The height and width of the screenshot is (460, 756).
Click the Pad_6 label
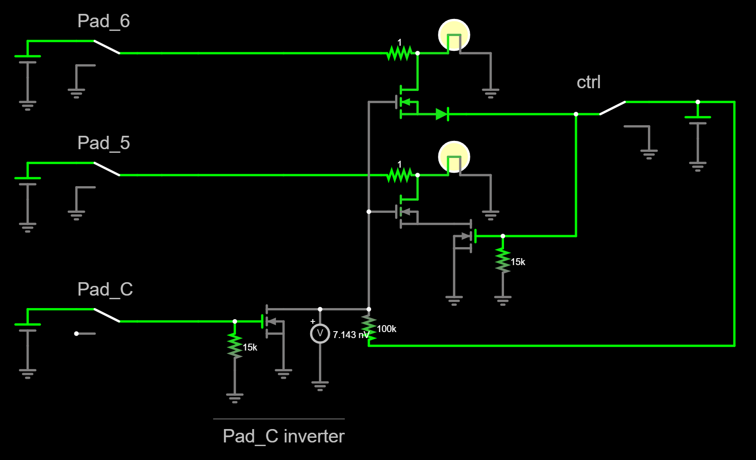[103, 21]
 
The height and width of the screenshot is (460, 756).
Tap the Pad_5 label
[103, 143]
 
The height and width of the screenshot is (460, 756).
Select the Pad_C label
[105, 290]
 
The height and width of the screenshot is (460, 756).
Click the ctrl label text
[588, 82]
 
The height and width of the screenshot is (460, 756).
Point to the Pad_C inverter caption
[283, 436]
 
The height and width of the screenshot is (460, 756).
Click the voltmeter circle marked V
[320, 333]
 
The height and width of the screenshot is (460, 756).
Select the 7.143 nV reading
[351, 335]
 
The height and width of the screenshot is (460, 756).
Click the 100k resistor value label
[386, 329]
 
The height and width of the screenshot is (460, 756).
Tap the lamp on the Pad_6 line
[454, 35]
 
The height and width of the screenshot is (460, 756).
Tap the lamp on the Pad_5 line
[454, 157]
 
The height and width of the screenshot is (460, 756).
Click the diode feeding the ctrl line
[442, 114]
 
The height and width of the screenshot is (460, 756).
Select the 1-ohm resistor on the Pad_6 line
[399, 53]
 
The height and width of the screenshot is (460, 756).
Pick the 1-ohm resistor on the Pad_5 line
[399, 175]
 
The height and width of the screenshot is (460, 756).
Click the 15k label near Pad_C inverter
[250, 347]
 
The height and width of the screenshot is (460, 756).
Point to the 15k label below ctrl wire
[517, 262]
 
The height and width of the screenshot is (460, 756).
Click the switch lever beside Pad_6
[107, 47]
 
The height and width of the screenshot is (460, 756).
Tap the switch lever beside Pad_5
[107, 169]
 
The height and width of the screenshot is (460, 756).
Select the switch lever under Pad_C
[107, 315]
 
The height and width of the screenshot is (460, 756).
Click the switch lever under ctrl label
[612, 108]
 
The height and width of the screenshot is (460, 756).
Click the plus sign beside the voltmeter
[312, 321]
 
